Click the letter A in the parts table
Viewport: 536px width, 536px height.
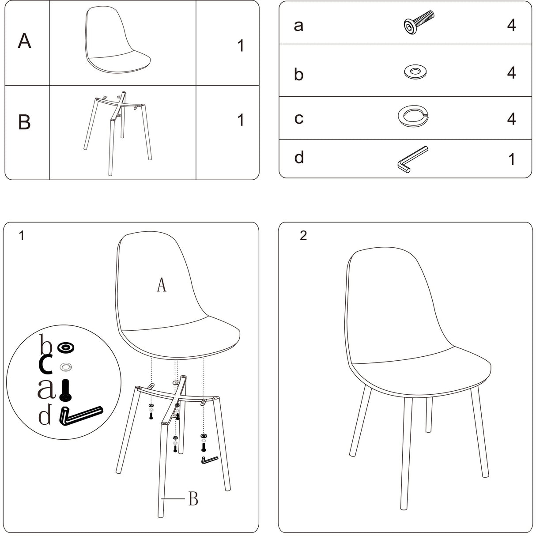click(24, 41)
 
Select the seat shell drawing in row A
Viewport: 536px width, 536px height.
click(117, 40)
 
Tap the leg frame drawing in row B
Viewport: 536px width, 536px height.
click(118, 133)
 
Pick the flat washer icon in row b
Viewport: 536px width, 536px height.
click(415, 72)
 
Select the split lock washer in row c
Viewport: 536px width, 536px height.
click(413, 116)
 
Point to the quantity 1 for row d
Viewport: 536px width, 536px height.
click(511, 159)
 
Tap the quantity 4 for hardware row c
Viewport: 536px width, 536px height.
click(511, 119)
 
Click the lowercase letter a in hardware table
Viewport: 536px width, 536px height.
click(298, 26)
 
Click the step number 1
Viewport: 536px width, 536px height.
click(22, 235)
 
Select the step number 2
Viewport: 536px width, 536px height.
click(303, 235)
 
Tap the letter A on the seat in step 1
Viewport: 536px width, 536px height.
click(161, 285)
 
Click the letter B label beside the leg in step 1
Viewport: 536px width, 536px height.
click(193, 499)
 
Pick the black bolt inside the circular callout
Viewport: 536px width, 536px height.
click(65, 390)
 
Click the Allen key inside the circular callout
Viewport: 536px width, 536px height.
click(81, 415)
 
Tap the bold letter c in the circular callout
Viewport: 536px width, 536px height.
click(45, 364)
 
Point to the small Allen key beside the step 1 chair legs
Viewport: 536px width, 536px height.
click(209, 460)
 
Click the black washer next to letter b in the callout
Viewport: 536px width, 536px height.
click(66, 347)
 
